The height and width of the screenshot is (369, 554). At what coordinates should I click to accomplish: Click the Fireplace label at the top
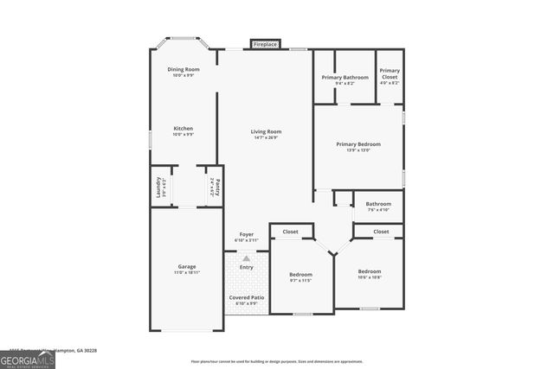click(x=266, y=43)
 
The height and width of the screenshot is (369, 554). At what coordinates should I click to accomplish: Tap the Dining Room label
click(x=184, y=69)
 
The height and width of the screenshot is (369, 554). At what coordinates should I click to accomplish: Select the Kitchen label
click(x=184, y=128)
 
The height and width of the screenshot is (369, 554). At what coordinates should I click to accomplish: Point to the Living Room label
click(x=267, y=131)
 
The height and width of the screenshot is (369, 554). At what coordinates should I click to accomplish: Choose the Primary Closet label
click(x=390, y=73)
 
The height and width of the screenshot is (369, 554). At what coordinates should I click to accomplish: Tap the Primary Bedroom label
click(x=358, y=144)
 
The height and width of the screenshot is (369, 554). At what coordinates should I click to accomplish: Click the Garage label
click(x=187, y=266)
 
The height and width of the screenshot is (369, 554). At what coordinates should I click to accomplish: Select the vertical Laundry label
click(x=158, y=186)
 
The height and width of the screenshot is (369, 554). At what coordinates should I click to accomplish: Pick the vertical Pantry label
click(x=218, y=186)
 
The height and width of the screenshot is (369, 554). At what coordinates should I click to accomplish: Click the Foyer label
click(x=247, y=234)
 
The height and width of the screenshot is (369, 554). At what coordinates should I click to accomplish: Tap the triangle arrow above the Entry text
click(x=247, y=258)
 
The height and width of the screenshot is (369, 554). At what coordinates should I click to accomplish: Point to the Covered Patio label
click(x=247, y=297)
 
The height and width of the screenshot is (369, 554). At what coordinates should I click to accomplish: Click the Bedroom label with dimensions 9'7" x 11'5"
click(x=300, y=275)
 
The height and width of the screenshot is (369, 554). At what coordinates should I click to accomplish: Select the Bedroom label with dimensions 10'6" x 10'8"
click(x=370, y=271)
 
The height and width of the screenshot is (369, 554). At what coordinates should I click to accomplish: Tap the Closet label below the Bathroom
click(x=381, y=232)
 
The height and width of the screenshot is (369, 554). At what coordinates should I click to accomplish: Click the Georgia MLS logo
click(x=28, y=358)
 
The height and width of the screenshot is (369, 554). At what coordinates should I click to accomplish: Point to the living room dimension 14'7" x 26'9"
click(x=267, y=137)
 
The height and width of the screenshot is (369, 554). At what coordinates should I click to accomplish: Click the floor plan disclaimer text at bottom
click(x=277, y=361)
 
